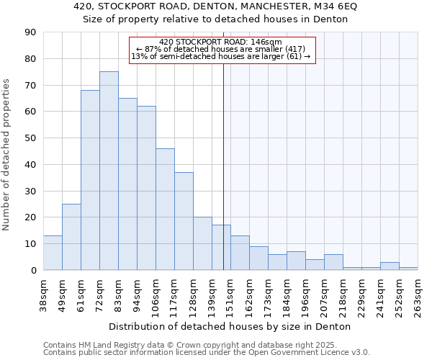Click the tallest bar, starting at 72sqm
109,171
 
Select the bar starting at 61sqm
90,180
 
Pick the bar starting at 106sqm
165,209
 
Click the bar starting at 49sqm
71,237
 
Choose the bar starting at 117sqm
184,221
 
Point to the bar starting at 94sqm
146,188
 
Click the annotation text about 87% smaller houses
221,49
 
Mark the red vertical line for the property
223,180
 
